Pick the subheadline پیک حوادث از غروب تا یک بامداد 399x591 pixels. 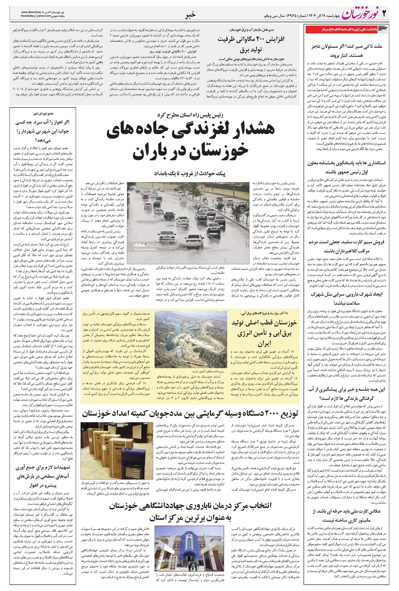190,173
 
